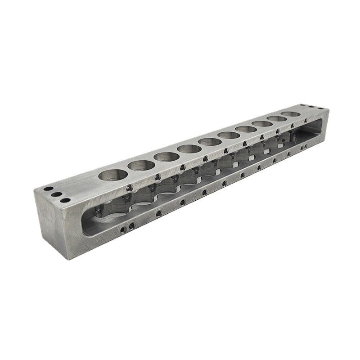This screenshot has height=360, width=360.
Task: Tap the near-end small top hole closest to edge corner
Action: tap(65, 200)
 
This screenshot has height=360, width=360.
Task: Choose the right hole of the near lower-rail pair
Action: tap(131, 226)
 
